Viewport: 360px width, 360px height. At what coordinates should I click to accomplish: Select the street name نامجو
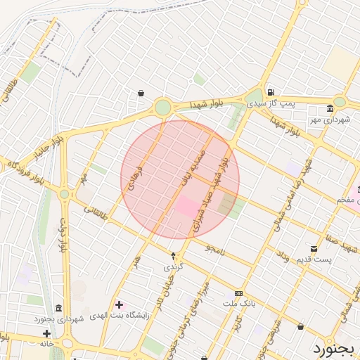[217, 247]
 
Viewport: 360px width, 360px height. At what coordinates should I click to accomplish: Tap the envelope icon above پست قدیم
[314, 248]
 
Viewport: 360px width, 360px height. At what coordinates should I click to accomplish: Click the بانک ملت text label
[238, 303]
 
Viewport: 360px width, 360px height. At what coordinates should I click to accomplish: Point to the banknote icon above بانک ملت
[238, 293]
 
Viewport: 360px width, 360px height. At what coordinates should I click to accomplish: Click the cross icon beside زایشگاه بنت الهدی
[118, 304]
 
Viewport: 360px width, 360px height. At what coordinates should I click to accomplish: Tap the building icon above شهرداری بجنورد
[57, 309]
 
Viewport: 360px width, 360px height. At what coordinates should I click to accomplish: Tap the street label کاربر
[238, 324]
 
